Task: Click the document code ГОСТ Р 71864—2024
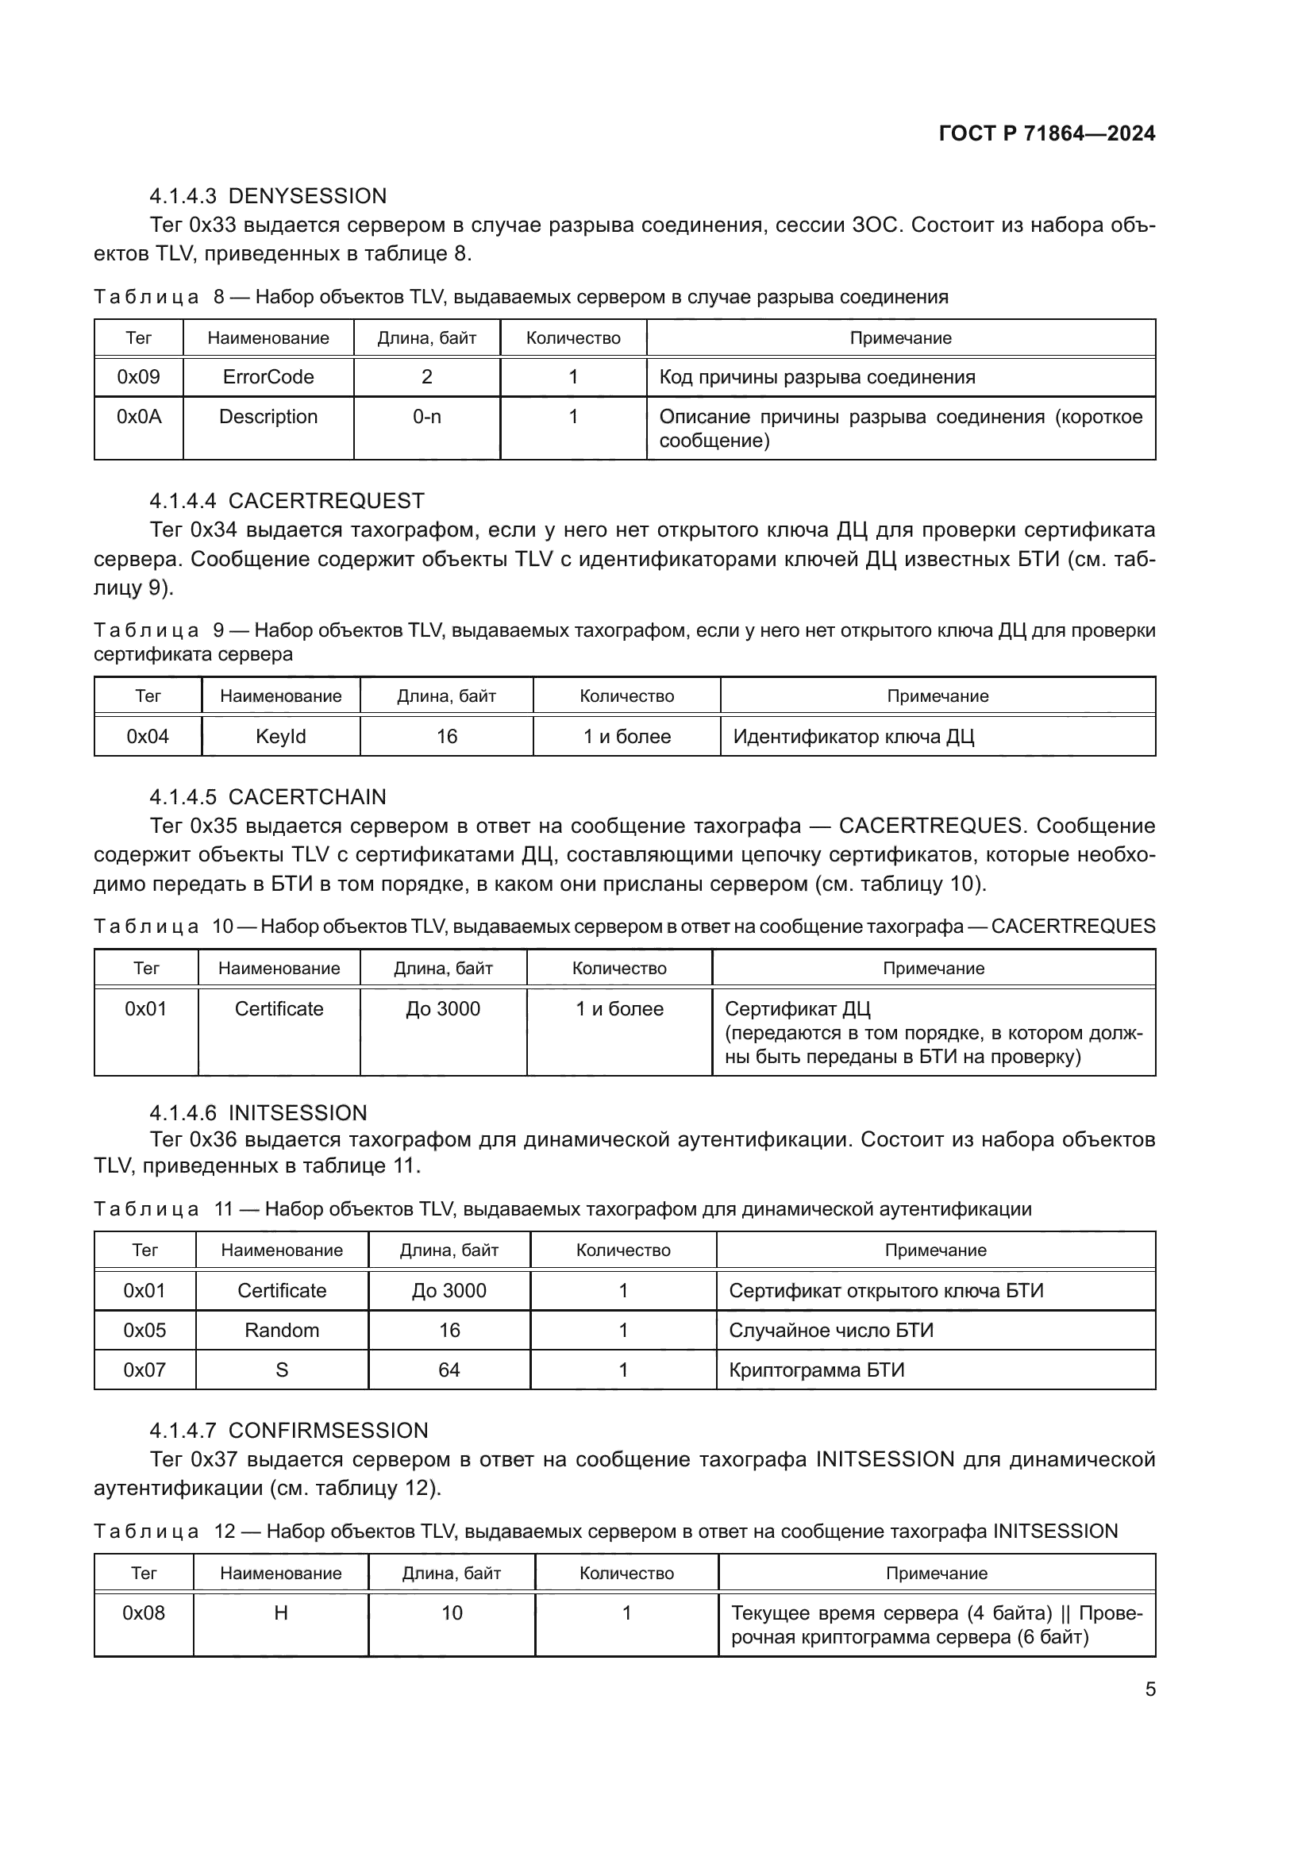(x=1047, y=134)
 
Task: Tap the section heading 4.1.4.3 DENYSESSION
(x=268, y=196)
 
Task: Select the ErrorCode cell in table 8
(x=268, y=377)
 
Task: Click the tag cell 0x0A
(x=139, y=417)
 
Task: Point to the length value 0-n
(x=427, y=417)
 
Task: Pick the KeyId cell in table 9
(x=280, y=737)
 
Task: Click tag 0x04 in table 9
(x=148, y=737)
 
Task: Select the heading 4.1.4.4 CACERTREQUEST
(x=287, y=501)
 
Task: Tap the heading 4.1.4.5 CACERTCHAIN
(x=268, y=796)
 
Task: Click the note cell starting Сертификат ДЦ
(x=933, y=1033)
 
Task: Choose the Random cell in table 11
(x=281, y=1331)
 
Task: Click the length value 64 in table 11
(x=449, y=1370)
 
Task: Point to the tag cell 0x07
(x=144, y=1370)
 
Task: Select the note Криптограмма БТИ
(x=817, y=1370)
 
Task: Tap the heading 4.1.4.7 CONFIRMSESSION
(x=289, y=1430)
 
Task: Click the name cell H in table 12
(x=280, y=1612)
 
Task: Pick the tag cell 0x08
(x=144, y=1612)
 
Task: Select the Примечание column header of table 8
(x=900, y=338)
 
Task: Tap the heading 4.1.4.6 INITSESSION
(x=258, y=1113)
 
